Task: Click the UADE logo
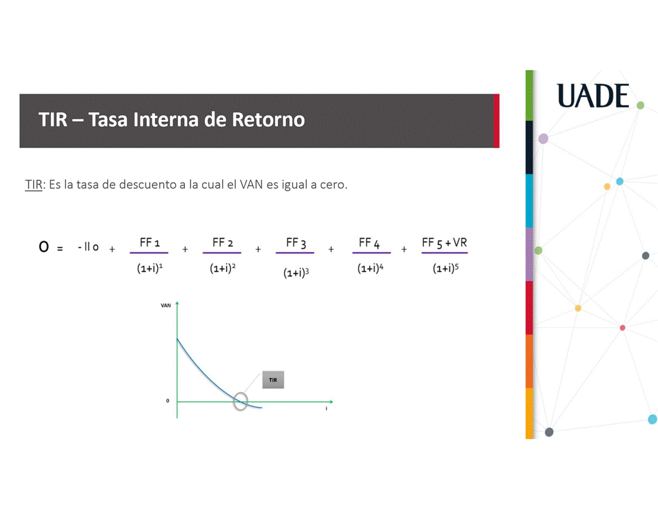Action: (x=593, y=96)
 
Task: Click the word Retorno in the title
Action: (x=268, y=119)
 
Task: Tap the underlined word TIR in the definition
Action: (x=34, y=185)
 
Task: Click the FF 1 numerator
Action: (x=149, y=242)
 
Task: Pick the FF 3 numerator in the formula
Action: (x=296, y=242)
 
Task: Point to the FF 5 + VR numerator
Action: (x=444, y=242)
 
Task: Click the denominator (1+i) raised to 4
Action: (x=370, y=268)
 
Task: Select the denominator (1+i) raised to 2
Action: (x=222, y=268)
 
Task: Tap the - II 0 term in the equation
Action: (x=88, y=247)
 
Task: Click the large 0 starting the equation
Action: (x=44, y=247)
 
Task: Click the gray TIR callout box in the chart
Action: (x=273, y=380)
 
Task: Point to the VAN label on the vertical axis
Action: (x=166, y=305)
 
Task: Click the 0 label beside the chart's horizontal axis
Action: (x=167, y=400)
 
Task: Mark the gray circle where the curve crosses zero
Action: (x=240, y=394)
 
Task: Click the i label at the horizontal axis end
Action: (x=326, y=409)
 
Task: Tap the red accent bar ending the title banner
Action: (x=496, y=121)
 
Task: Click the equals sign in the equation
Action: (x=60, y=249)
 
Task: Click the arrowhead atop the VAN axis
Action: (x=177, y=303)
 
